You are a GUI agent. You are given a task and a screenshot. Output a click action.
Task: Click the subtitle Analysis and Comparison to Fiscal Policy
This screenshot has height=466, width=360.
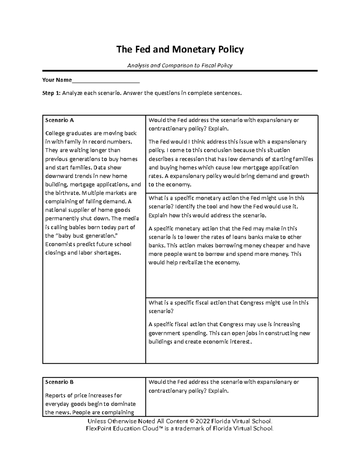(180, 65)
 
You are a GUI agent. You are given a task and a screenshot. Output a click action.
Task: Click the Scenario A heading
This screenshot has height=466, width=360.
(59, 120)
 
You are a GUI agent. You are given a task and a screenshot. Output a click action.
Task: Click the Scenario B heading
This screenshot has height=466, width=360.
(59, 382)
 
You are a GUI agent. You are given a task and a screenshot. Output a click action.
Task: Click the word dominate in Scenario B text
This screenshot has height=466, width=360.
(124, 404)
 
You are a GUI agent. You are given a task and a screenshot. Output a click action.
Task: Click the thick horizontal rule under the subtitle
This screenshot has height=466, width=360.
(180, 71)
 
